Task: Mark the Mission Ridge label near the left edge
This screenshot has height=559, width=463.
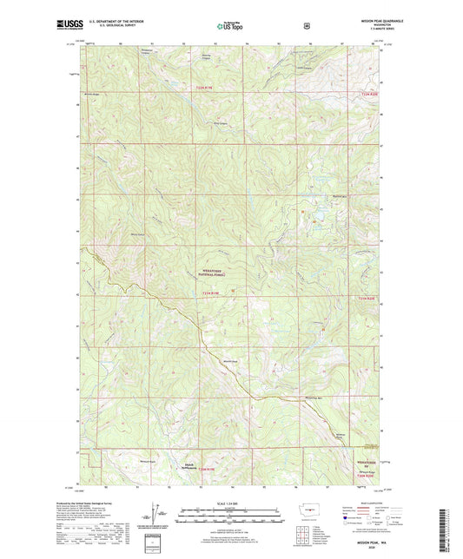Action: point(92,94)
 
